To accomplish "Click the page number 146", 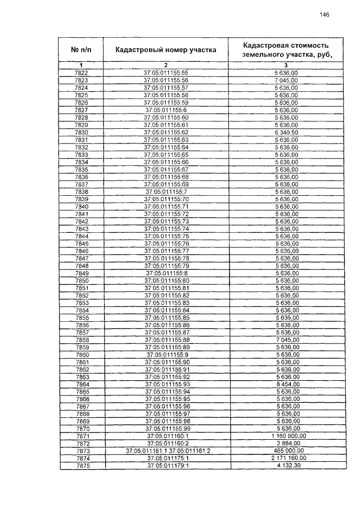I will (323, 15).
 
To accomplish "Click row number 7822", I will (81, 73).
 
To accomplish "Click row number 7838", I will (81, 192).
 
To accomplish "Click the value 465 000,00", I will (287, 451).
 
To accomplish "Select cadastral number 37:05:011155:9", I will (167, 354).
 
